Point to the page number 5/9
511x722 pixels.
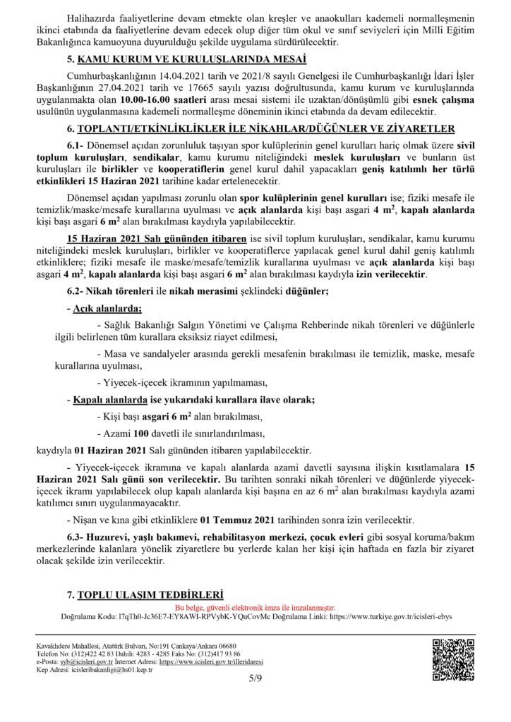coord(255,678)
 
